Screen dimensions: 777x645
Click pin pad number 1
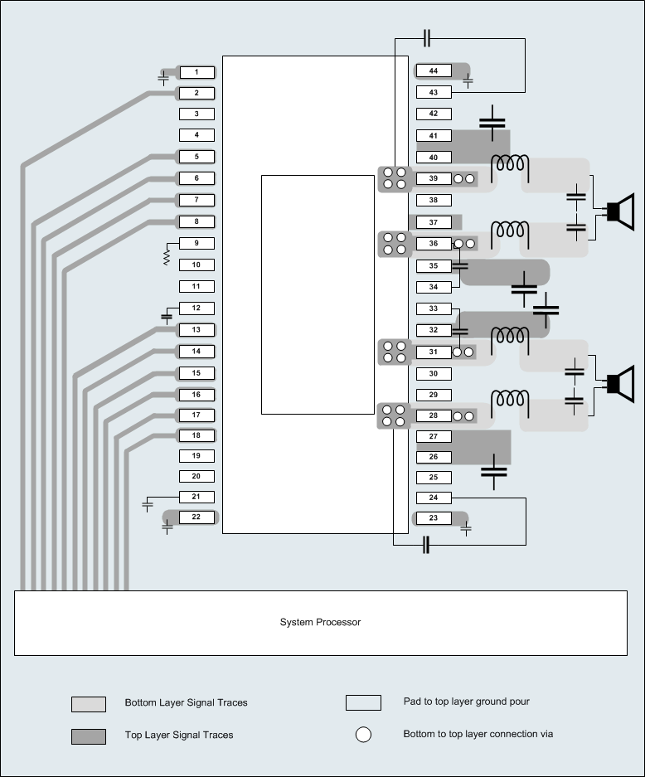[x=196, y=72]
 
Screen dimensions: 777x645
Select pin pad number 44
[x=433, y=71]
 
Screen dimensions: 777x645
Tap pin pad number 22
[x=196, y=517]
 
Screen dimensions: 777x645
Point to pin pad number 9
[x=196, y=244]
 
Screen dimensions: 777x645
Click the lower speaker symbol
[x=619, y=383]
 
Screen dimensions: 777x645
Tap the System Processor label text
[x=320, y=622]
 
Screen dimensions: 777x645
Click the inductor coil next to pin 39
[x=510, y=166]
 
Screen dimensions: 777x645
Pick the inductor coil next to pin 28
[x=510, y=400]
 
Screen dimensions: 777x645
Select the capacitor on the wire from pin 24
[x=426, y=545]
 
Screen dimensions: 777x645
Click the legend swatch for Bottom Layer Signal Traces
[x=89, y=704]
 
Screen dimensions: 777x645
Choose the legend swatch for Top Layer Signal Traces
[x=89, y=736]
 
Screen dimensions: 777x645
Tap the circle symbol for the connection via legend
[x=363, y=735]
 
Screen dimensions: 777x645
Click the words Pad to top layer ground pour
[x=466, y=702]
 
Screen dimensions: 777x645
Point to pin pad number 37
[x=433, y=222]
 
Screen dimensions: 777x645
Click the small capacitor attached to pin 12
[x=167, y=315]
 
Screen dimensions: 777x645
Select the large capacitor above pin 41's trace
[x=492, y=122]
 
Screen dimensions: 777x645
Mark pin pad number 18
[x=196, y=435]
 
